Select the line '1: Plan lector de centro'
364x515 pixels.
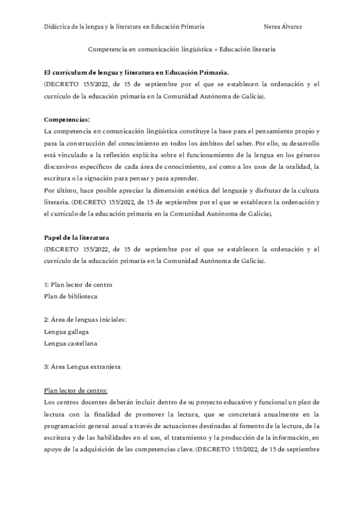[78, 285]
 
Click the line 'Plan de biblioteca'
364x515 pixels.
[70, 296]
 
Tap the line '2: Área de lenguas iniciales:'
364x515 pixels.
[86, 320]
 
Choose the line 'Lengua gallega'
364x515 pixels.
[67, 332]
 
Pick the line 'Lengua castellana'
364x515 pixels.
[71, 343]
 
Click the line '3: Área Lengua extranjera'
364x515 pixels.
[83, 367]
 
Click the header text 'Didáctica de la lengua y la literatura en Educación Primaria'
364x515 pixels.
[124, 27]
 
